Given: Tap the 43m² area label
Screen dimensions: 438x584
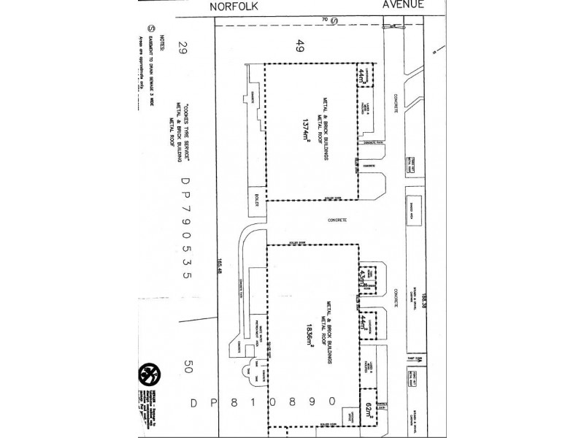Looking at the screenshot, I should point(361,280).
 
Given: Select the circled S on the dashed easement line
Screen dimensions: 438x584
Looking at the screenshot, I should point(332,21).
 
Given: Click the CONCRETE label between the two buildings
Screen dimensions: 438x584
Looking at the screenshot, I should point(337,220).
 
